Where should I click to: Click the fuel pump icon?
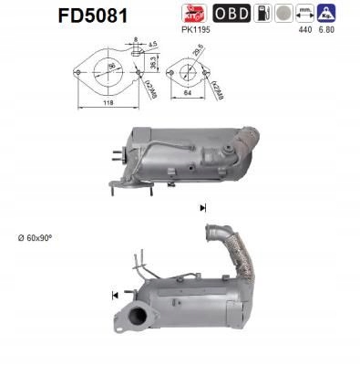coord(262,14)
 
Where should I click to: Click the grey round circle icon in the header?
coord(286,14)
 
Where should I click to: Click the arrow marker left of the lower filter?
coord(116,295)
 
